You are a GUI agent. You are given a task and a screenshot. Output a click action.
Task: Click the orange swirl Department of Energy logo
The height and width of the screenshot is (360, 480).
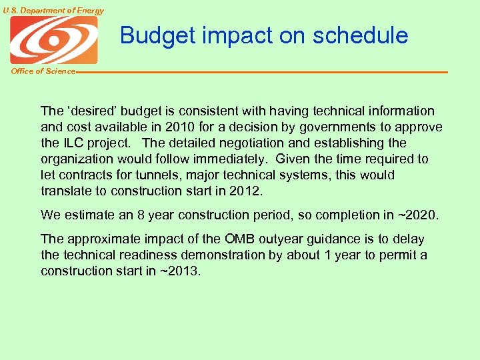pyautogui.click(x=54, y=40)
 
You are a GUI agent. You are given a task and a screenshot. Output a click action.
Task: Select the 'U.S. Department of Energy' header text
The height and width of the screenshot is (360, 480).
pyautogui.click(x=53, y=11)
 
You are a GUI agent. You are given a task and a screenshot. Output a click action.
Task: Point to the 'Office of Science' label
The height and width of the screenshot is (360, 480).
pyautogui.click(x=43, y=71)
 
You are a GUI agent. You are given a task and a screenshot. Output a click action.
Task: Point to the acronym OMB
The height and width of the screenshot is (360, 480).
pyautogui.click(x=240, y=239)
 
